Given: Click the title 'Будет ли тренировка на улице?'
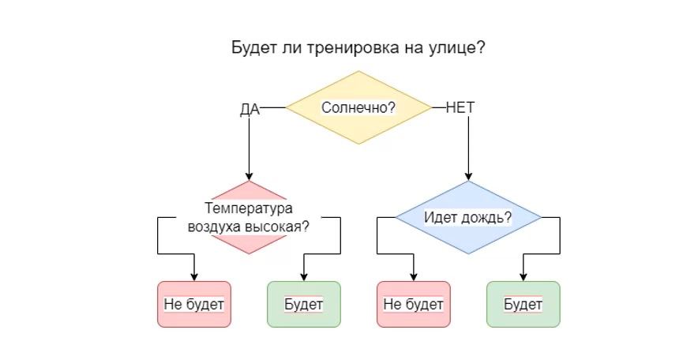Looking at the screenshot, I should point(358,47).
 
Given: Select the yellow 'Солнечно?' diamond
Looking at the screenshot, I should point(358,107).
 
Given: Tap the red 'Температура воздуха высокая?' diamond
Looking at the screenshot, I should point(249,218).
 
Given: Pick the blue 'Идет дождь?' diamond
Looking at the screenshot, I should point(468,217).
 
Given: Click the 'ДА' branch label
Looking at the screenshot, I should point(250,109).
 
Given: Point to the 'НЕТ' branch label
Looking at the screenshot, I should point(460,107).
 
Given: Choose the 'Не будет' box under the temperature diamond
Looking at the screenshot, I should point(194,304).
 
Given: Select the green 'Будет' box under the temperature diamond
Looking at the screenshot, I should point(304,304).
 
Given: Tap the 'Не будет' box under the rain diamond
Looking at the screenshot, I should point(414,304).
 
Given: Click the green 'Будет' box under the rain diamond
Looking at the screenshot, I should point(523,304).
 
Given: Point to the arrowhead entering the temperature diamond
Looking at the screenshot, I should point(249,176).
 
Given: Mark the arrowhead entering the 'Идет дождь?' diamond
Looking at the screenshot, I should point(468,176).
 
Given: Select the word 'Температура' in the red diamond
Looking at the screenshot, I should point(249,209).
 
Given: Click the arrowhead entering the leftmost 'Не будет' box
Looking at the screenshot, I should point(194,277).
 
